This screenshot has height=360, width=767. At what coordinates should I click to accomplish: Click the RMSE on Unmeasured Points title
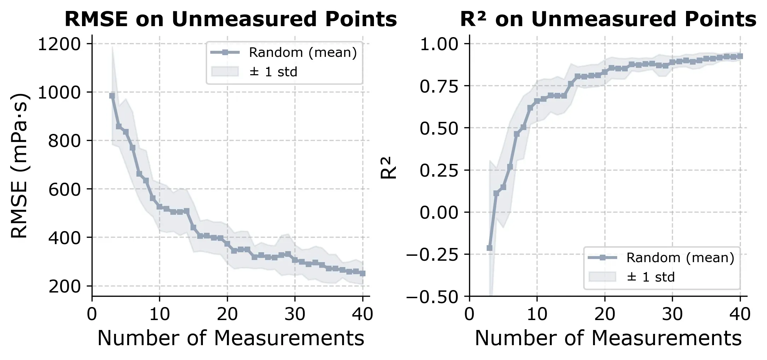click(x=230, y=19)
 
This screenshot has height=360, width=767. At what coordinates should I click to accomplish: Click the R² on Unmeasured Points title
click(x=608, y=19)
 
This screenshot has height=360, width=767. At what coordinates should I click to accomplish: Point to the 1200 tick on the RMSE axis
click(x=59, y=45)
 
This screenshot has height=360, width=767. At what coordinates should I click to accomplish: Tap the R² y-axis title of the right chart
click(x=388, y=168)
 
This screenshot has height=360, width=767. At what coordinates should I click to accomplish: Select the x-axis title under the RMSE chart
click(x=230, y=338)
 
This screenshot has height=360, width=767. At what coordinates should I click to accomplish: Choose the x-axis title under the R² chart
click(x=608, y=338)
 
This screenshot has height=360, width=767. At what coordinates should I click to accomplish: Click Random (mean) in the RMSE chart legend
click(x=303, y=53)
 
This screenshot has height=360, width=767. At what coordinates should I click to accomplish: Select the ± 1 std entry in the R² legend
click(x=650, y=277)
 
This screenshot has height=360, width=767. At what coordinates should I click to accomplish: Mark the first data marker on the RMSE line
click(x=112, y=96)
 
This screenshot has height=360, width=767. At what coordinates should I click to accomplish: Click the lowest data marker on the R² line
click(x=490, y=248)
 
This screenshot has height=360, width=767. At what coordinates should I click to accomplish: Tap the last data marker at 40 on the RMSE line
click(x=363, y=273)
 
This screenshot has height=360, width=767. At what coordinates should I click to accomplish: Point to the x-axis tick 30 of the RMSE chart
click(x=295, y=314)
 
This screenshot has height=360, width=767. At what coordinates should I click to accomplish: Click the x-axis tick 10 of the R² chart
click(x=537, y=314)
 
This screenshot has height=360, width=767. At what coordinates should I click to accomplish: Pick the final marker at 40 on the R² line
click(x=740, y=56)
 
